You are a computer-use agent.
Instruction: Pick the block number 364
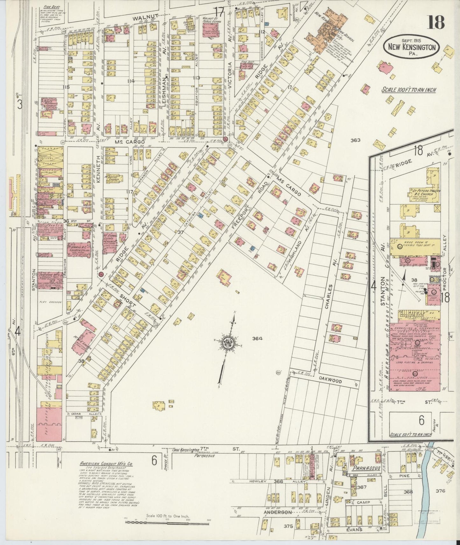point(257,339)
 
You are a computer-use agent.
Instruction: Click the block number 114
point(131,81)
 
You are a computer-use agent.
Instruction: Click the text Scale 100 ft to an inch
point(409,90)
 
